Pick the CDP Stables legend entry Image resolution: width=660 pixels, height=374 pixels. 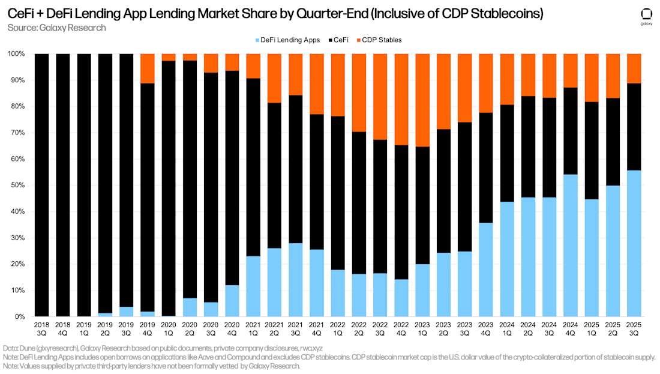coord(380,40)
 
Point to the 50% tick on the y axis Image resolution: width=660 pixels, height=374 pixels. coord(19,185)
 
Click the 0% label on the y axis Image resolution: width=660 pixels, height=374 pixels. coord(21,317)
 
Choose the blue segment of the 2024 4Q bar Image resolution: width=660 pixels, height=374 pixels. coord(570,246)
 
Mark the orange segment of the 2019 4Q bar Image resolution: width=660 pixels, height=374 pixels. coord(148,68)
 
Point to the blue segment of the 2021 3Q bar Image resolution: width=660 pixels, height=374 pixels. coord(295,280)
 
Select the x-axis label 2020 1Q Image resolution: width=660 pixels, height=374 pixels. coord(169,328)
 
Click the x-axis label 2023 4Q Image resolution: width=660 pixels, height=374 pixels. coord(486,328)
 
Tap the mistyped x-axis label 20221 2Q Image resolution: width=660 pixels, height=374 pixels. coord(274,328)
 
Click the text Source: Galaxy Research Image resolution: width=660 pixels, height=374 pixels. coord(57,28)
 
